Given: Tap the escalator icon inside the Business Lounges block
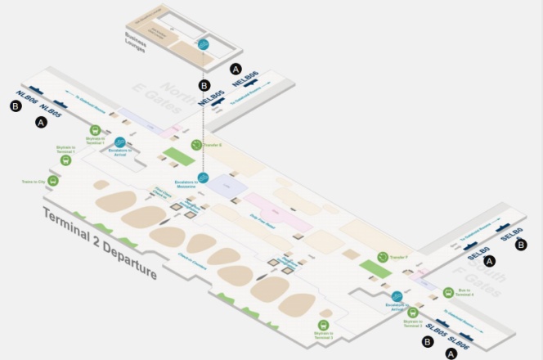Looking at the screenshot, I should [204, 45].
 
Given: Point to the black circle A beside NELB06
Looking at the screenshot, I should [236, 68].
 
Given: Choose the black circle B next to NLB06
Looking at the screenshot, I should [16, 115].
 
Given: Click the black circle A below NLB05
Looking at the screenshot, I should [40, 123].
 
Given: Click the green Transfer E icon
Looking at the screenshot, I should [196, 145].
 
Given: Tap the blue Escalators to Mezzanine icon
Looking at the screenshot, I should [204, 178].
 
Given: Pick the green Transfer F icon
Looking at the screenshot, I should [383, 258].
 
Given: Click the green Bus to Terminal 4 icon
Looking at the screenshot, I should [448, 292].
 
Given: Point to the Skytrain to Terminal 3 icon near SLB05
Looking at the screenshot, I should [413, 311].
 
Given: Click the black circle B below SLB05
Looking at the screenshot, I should [427, 343].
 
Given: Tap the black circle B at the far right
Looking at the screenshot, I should [522, 245].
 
